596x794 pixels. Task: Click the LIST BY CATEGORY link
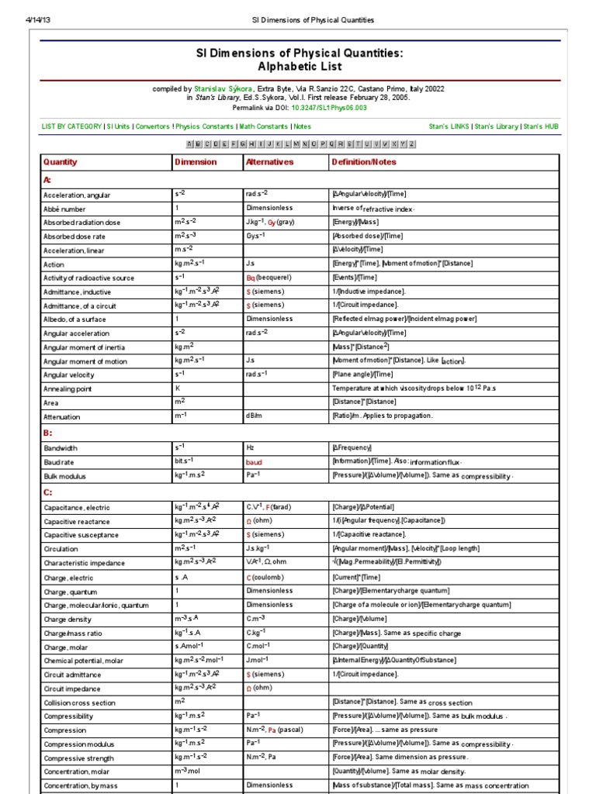[71, 126]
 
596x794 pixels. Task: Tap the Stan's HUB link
[541, 126]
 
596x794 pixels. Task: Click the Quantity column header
[61, 162]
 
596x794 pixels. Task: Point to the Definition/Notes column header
[363, 162]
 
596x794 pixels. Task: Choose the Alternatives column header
[269, 162]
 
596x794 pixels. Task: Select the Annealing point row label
[68, 389]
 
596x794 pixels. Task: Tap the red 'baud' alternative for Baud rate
[255, 461]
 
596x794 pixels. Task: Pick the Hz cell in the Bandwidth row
[251, 447]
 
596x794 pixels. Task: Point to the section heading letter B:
[47, 433]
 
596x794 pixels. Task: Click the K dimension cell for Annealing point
[178, 388]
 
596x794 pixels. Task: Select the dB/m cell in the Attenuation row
[255, 416]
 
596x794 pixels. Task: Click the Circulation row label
[62, 549]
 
